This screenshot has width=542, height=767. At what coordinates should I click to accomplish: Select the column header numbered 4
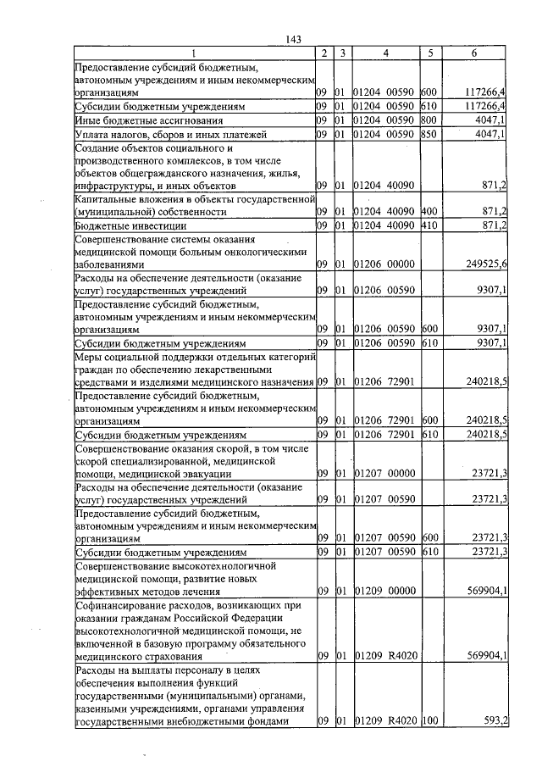pos(385,53)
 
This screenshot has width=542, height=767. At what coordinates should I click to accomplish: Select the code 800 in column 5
pos(428,120)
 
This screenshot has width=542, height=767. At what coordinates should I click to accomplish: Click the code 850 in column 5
pos(428,134)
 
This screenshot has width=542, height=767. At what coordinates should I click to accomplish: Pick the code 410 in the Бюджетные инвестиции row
pos(428,225)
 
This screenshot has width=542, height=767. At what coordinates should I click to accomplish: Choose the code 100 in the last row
pos(428,721)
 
